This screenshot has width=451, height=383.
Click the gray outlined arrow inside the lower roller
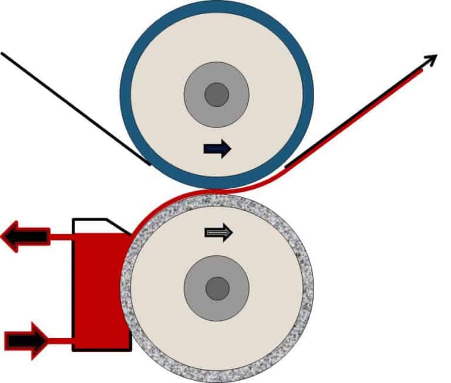coord(218,233)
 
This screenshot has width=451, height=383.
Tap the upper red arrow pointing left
coord(23,237)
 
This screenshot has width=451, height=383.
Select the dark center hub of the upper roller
coord(217,94)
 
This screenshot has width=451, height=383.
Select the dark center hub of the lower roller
coord(217,288)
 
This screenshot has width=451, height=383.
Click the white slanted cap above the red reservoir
coord(97,225)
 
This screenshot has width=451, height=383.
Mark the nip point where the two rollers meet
coord(217,191)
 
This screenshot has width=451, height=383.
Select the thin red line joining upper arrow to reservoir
coord(59,237)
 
